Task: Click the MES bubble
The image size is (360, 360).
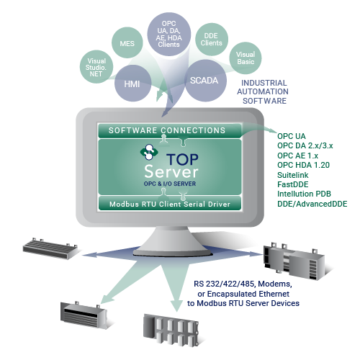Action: pyautogui.click(x=127, y=42)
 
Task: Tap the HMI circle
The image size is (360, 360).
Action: pyautogui.click(x=132, y=84)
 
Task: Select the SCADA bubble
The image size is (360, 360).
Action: pyautogui.click(x=205, y=81)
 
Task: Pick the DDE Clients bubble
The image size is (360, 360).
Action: pyautogui.click(x=212, y=40)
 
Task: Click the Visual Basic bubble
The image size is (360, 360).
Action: pyautogui.click(x=246, y=58)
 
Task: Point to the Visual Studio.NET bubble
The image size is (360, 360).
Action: pyautogui.click(x=96, y=67)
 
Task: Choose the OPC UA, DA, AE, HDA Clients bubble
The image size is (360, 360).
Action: pyautogui.click(x=169, y=34)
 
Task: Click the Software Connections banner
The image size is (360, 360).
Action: pyautogui.click(x=170, y=130)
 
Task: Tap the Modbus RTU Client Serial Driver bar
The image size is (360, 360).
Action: pyautogui.click(x=170, y=204)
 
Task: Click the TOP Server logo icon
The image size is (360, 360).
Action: pyautogui.click(x=149, y=152)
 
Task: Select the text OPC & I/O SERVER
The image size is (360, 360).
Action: pyautogui.click(x=170, y=184)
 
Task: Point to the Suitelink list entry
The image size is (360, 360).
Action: pyautogui.click(x=293, y=175)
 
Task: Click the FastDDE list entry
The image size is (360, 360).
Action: pyautogui.click(x=293, y=184)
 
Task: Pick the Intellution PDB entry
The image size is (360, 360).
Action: pyautogui.click(x=304, y=194)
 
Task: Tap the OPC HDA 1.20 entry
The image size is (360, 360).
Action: pyautogui.click(x=303, y=165)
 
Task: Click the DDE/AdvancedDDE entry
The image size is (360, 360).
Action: pyautogui.click(x=312, y=204)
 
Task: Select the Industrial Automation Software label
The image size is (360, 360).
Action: pyautogui.click(x=263, y=92)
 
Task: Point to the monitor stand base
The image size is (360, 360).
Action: pyautogui.click(x=172, y=252)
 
